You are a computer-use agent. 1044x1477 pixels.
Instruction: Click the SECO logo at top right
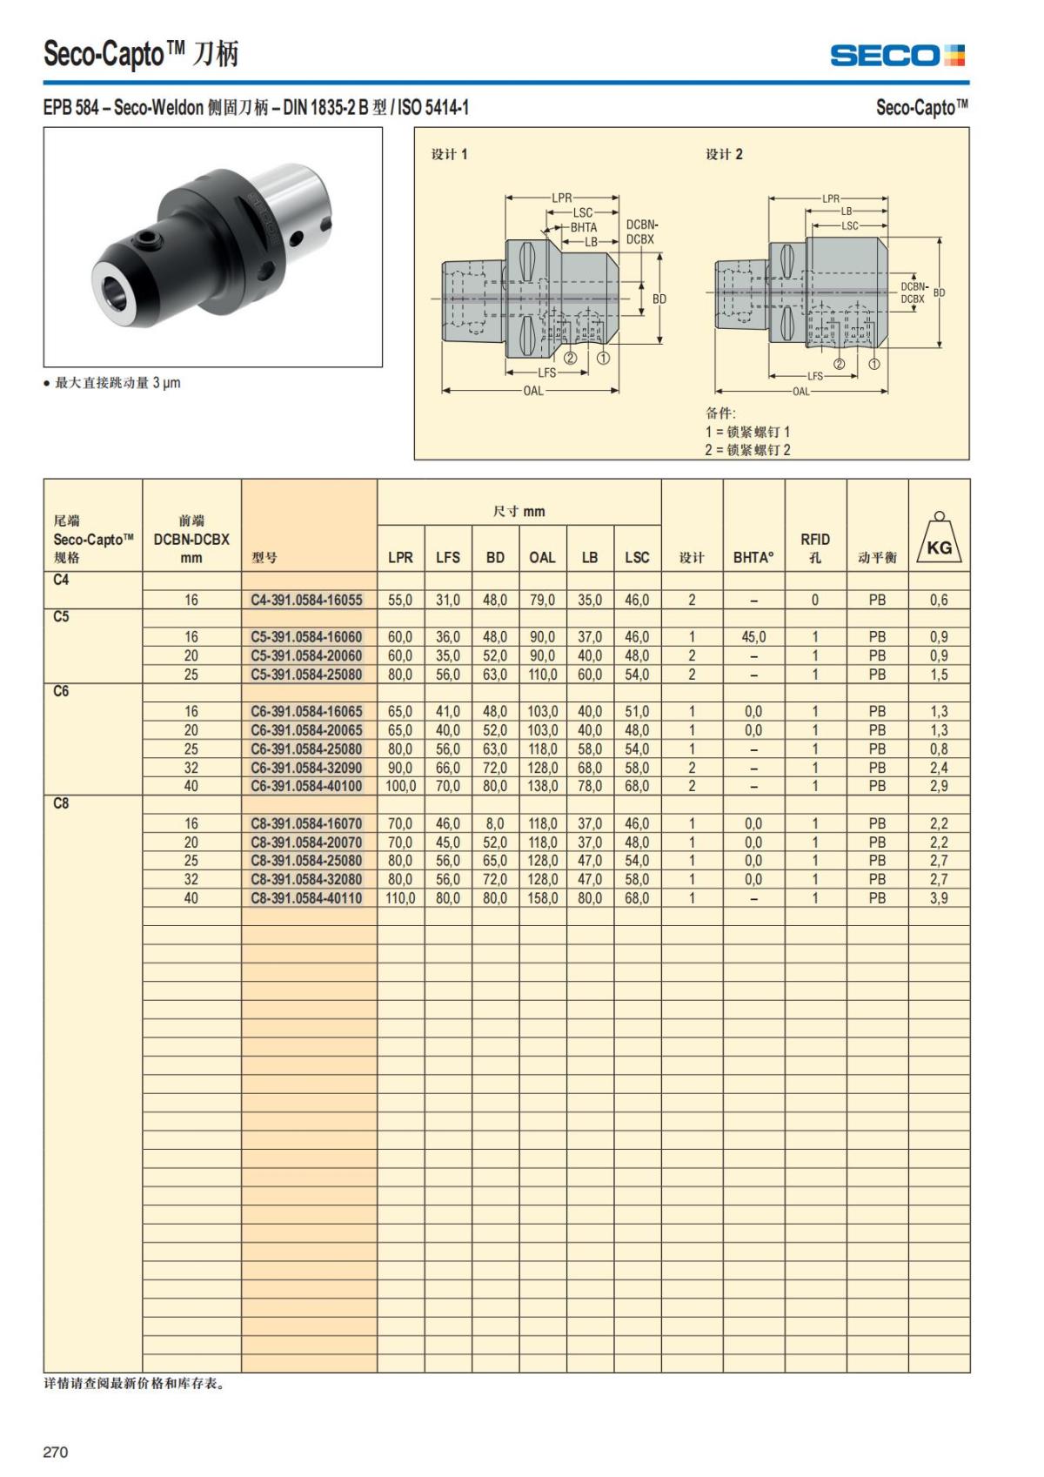point(897,56)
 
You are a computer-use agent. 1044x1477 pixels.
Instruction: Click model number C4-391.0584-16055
point(306,600)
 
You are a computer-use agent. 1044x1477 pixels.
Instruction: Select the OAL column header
point(542,557)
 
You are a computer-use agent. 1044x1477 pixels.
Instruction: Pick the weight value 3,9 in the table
point(939,898)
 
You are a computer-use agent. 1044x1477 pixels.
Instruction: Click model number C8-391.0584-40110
point(306,898)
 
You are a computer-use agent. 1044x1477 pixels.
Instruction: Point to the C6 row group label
point(61,691)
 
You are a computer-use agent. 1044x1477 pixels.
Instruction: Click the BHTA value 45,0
point(753,637)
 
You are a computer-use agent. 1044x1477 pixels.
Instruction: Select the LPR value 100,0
point(400,786)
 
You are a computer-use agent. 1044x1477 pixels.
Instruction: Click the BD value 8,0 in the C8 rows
point(495,823)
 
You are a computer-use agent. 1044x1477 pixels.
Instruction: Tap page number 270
point(55,1452)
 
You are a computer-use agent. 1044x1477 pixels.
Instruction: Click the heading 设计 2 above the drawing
point(724,154)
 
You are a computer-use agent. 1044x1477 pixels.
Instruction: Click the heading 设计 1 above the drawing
point(449,154)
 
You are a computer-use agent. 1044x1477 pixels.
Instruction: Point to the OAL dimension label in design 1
point(532,391)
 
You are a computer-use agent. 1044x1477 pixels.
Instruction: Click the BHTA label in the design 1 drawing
point(584,227)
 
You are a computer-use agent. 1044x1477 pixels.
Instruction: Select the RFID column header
point(815,547)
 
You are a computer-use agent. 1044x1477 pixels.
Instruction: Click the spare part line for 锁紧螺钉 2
point(747,450)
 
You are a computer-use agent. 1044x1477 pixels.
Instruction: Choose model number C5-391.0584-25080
point(306,675)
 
